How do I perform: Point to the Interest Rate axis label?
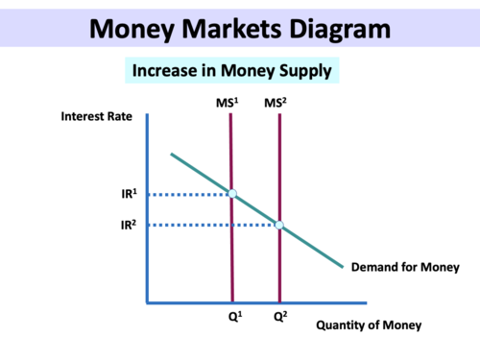pyautogui.click(x=95, y=117)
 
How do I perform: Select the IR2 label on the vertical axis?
pyautogui.click(x=127, y=226)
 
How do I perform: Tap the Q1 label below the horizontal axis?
pyautogui.click(x=232, y=315)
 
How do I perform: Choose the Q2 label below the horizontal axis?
pyautogui.click(x=279, y=315)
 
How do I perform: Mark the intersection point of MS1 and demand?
pyautogui.click(x=231, y=194)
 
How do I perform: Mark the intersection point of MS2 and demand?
pyautogui.click(x=279, y=226)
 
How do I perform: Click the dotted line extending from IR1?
pyautogui.click(x=187, y=194)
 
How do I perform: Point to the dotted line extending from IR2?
pyautogui.click(x=206, y=226)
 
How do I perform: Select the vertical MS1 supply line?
pyautogui.click(x=231, y=259)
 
